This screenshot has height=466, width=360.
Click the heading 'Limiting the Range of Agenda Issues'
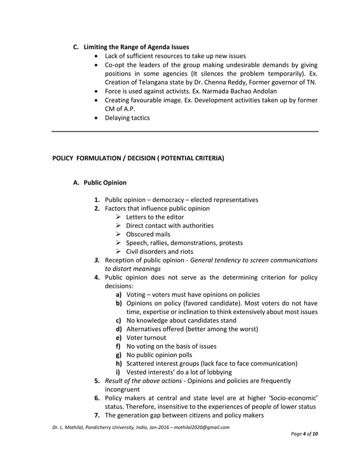(136, 46)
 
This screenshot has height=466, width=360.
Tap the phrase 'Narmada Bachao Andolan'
(248, 91)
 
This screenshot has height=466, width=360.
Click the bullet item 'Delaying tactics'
(127, 118)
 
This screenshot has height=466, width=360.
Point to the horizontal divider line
(185, 131)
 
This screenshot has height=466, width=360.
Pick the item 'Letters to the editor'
(155, 217)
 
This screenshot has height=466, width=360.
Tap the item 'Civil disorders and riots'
(159, 251)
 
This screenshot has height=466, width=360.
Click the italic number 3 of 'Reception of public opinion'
(97, 260)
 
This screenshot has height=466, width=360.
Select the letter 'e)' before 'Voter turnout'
(120, 337)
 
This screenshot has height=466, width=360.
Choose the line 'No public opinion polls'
(159, 355)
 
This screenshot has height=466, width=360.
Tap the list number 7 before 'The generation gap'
(97, 416)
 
